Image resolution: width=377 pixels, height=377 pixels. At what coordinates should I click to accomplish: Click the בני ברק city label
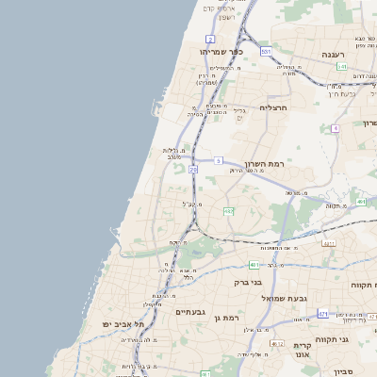coord(249,282)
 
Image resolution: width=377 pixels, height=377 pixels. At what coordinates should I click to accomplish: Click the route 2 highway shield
coord(209,38)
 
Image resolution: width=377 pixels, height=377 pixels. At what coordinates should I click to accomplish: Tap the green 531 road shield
coord(267,51)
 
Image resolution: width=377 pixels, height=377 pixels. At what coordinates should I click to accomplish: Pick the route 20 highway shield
coord(192,169)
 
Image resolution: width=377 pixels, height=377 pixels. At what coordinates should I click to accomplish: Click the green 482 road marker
coord(228,211)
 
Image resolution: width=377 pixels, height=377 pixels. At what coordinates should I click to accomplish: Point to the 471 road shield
coord(323,313)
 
